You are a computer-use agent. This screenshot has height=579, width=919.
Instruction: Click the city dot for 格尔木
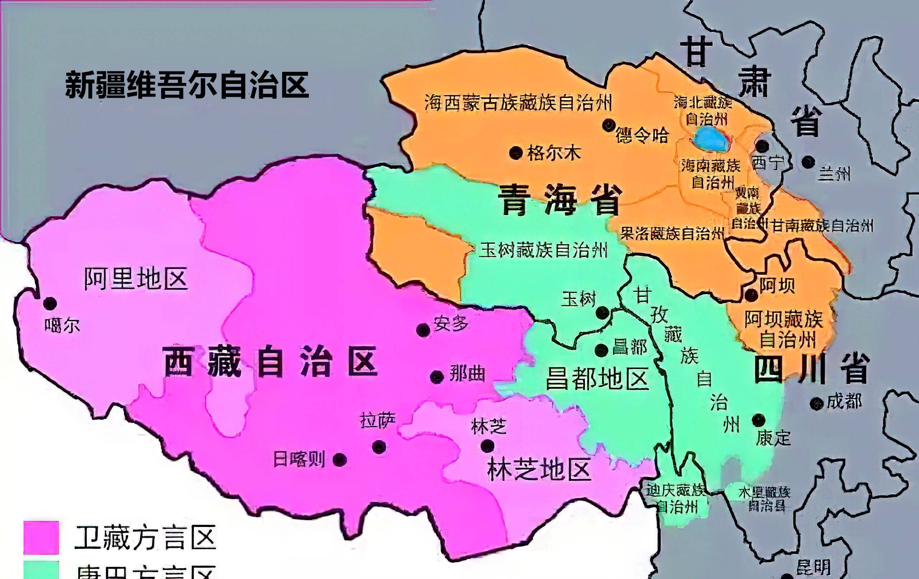[x=516, y=153]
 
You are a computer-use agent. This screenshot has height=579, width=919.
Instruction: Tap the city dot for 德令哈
[x=608, y=125]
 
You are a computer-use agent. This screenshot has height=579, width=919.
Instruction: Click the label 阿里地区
[x=135, y=279]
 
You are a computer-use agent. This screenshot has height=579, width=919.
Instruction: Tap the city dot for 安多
[x=423, y=330]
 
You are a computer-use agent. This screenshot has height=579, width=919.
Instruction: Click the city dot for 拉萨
[x=379, y=446]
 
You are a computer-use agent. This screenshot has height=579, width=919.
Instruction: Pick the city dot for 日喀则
[x=340, y=459]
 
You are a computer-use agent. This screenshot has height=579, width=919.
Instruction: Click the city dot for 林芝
[x=488, y=445]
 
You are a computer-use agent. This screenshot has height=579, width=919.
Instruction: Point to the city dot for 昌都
[x=601, y=350]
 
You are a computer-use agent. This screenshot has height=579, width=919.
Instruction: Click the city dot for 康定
[x=758, y=420]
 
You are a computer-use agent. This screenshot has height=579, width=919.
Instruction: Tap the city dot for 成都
[x=816, y=403]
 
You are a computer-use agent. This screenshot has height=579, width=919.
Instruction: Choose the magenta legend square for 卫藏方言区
[x=41, y=537]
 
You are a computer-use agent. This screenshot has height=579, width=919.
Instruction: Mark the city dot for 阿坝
[x=751, y=294]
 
